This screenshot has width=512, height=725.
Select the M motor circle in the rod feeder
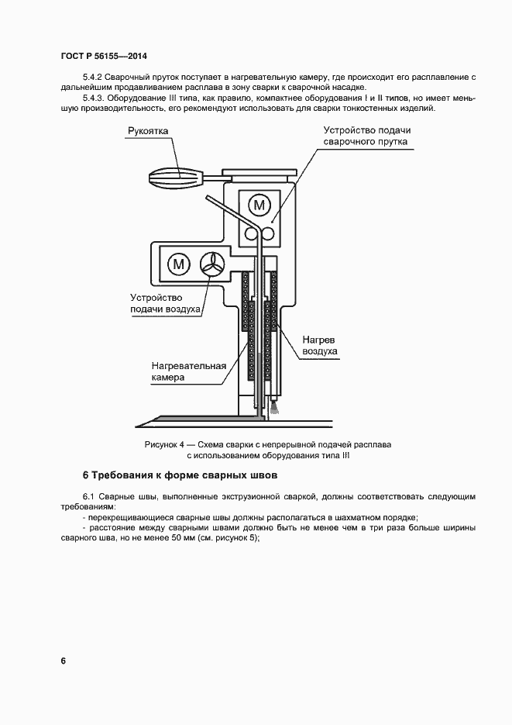[259, 205]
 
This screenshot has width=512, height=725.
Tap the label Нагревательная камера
[188, 371]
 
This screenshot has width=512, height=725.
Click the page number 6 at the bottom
[63, 661]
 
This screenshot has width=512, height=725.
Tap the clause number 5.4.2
[92, 78]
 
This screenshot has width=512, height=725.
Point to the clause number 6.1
[88, 496]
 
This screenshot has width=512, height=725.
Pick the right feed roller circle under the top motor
[268, 233]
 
